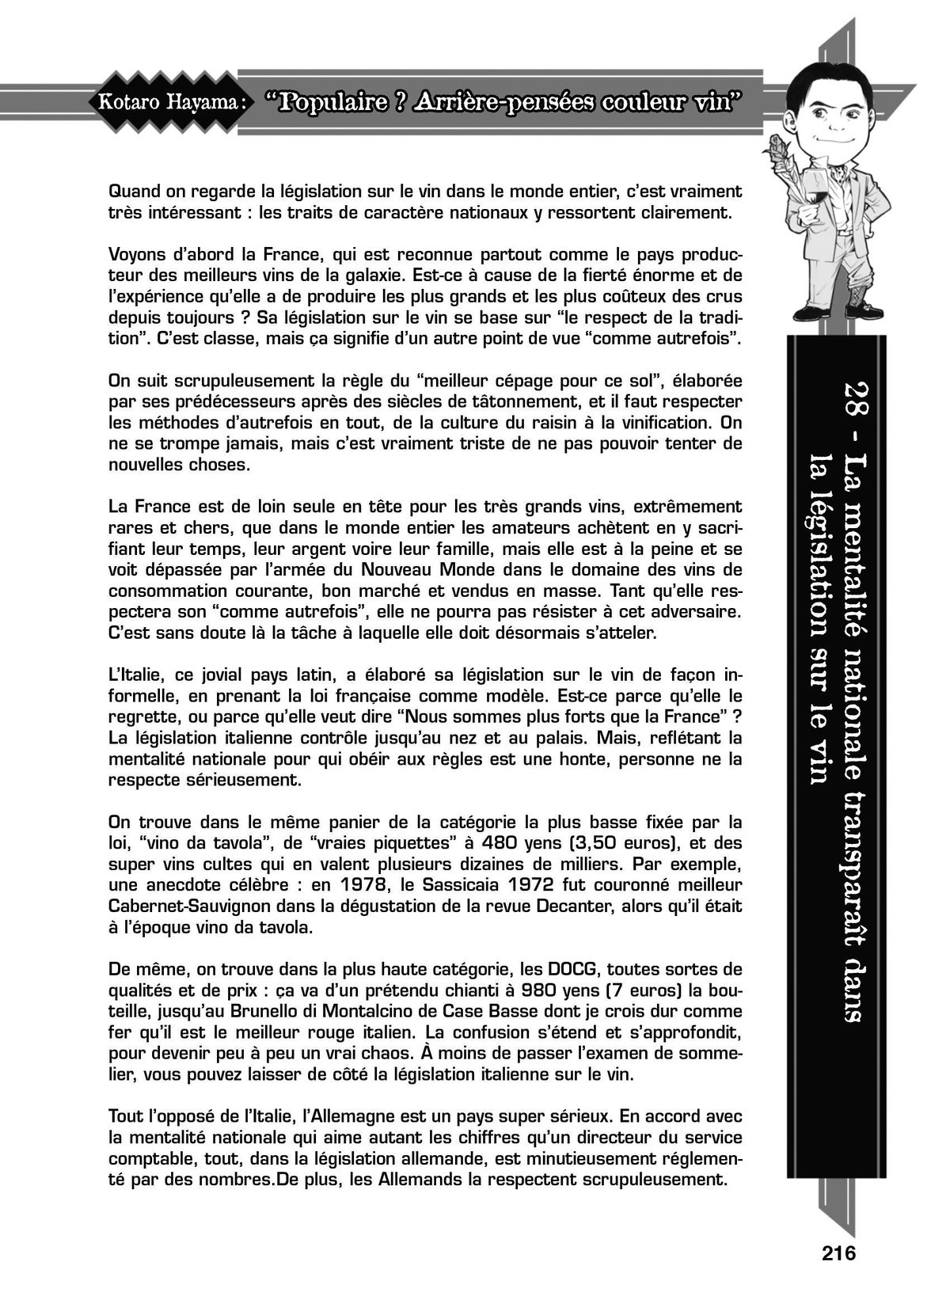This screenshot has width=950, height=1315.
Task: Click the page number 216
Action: point(839,1253)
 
